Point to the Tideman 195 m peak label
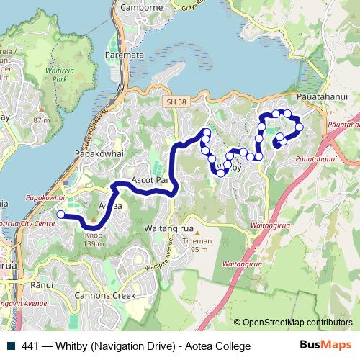click(197, 246)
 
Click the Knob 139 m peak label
click(94, 239)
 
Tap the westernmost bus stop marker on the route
click(61, 214)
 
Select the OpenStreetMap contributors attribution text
click(297, 323)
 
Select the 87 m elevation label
click(41, 120)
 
